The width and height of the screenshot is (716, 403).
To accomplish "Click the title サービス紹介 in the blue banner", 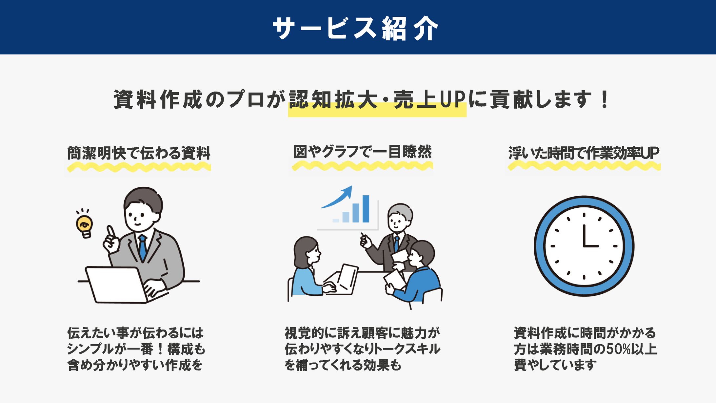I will click(x=355, y=29).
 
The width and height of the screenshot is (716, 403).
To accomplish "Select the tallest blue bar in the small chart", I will click(x=366, y=209).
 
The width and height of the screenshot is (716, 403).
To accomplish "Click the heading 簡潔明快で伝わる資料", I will click(x=139, y=153).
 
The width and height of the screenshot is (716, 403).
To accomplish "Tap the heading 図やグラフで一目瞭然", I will click(x=362, y=152).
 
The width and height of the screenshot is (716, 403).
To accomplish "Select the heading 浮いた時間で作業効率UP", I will click(x=584, y=153).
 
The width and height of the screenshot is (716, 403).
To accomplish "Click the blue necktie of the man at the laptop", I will click(x=143, y=248).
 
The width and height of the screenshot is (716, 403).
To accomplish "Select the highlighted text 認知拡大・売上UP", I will click(x=377, y=100).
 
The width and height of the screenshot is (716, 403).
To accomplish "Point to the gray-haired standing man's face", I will click(x=397, y=222).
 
